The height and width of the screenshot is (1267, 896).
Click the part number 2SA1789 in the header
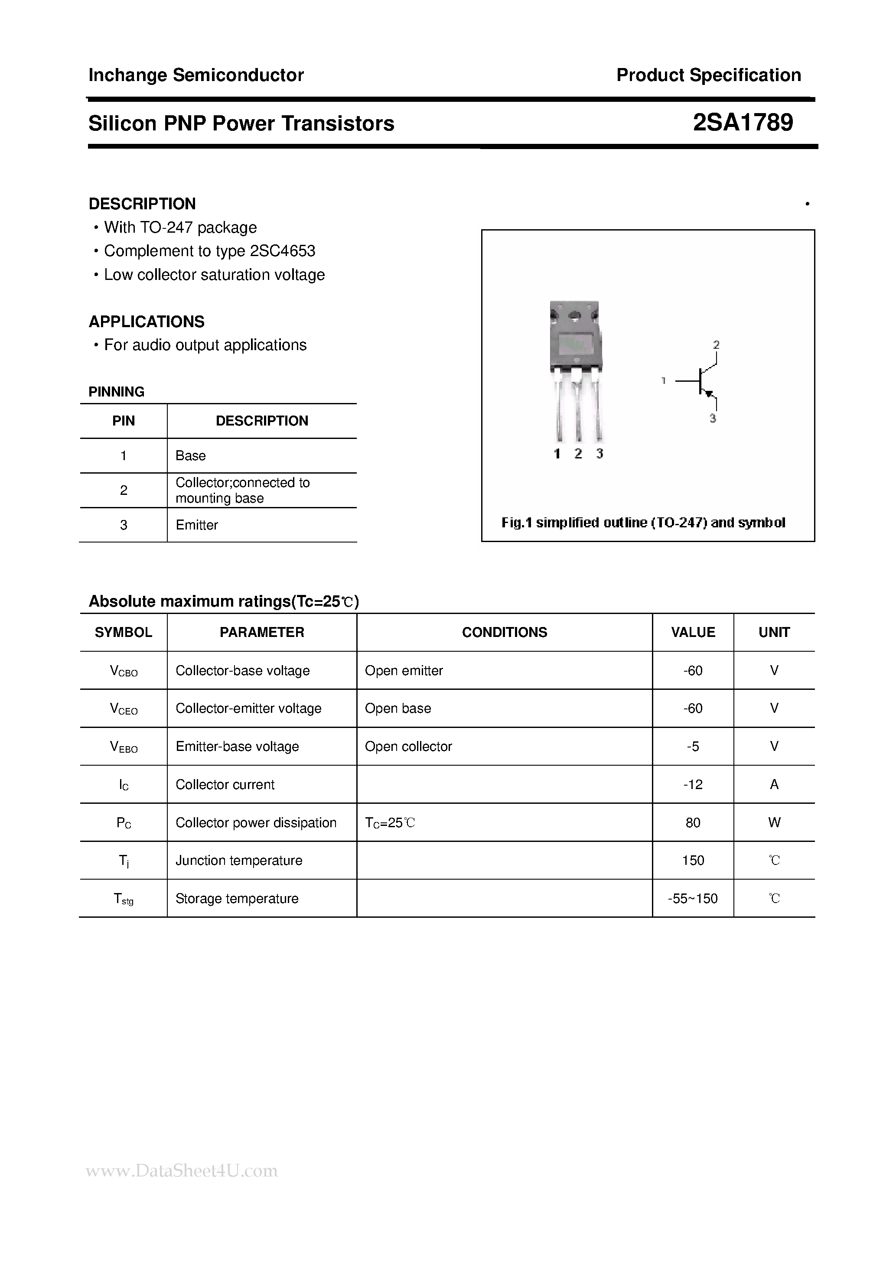click(x=743, y=123)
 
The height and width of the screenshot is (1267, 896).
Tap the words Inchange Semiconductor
click(x=196, y=75)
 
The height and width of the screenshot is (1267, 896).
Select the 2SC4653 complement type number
click(x=282, y=251)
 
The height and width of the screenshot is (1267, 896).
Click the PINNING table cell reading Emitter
click(x=196, y=525)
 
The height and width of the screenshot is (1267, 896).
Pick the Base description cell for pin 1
click(x=190, y=456)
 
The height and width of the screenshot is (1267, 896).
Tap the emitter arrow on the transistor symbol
click(x=710, y=394)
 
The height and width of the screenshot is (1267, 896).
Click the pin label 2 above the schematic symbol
click(x=716, y=345)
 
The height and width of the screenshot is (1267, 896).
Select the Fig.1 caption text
click(x=643, y=523)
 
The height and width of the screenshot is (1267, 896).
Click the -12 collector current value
click(x=693, y=784)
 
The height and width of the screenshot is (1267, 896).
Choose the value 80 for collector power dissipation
click(x=693, y=822)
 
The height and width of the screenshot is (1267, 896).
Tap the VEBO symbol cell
click(x=124, y=747)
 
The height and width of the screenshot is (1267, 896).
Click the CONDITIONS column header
click(x=504, y=632)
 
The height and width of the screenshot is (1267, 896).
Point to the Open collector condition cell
click(x=408, y=747)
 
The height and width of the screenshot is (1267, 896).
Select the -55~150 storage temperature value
click(x=693, y=898)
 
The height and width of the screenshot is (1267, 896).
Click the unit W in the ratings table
click(x=774, y=822)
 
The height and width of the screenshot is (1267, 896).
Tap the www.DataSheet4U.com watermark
click(x=182, y=1170)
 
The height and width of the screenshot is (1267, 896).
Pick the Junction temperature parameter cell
click(x=238, y=860)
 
